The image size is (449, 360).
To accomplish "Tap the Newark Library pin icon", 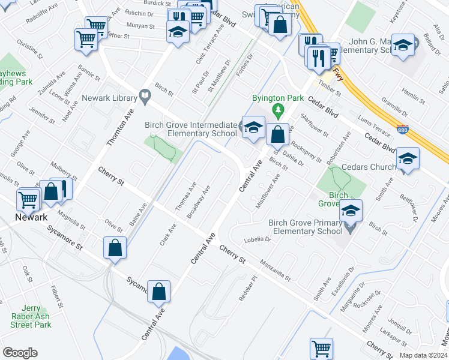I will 145,95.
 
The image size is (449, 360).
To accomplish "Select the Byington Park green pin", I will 277,110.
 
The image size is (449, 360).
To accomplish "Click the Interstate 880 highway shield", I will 402,129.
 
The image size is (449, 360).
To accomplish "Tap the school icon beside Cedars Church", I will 408,158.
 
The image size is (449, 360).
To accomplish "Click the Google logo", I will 20,353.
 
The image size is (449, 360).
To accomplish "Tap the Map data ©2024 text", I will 423,355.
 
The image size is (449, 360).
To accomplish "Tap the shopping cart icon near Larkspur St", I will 321,349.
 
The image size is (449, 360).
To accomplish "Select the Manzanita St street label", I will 276,269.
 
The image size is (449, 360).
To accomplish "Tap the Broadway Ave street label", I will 198,202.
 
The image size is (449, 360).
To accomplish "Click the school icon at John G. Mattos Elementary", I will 403,45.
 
